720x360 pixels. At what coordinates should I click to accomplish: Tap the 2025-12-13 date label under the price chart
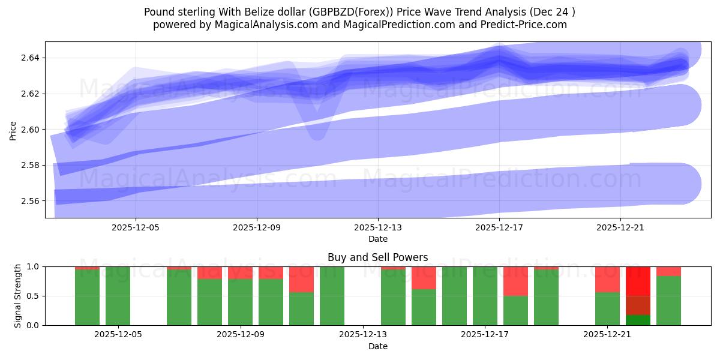click(378, 228)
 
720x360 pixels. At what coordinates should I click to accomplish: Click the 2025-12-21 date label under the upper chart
click(620, 228)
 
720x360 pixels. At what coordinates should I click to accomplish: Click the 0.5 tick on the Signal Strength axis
click(34, 296)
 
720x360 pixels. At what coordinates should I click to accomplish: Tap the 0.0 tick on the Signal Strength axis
click(34, 325)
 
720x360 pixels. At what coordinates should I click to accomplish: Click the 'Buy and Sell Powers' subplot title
click(378, 257)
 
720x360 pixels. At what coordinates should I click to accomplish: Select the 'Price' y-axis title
click(13, 130)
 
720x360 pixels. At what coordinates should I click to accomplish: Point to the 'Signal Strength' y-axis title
click(18, 296)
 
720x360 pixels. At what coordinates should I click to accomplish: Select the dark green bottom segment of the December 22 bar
click(638, 320)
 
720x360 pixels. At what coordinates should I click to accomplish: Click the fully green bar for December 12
click(332, 296)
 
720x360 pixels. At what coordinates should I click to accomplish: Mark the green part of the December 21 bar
click(607, 308)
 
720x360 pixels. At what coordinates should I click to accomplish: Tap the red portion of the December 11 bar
click(301, 279)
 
